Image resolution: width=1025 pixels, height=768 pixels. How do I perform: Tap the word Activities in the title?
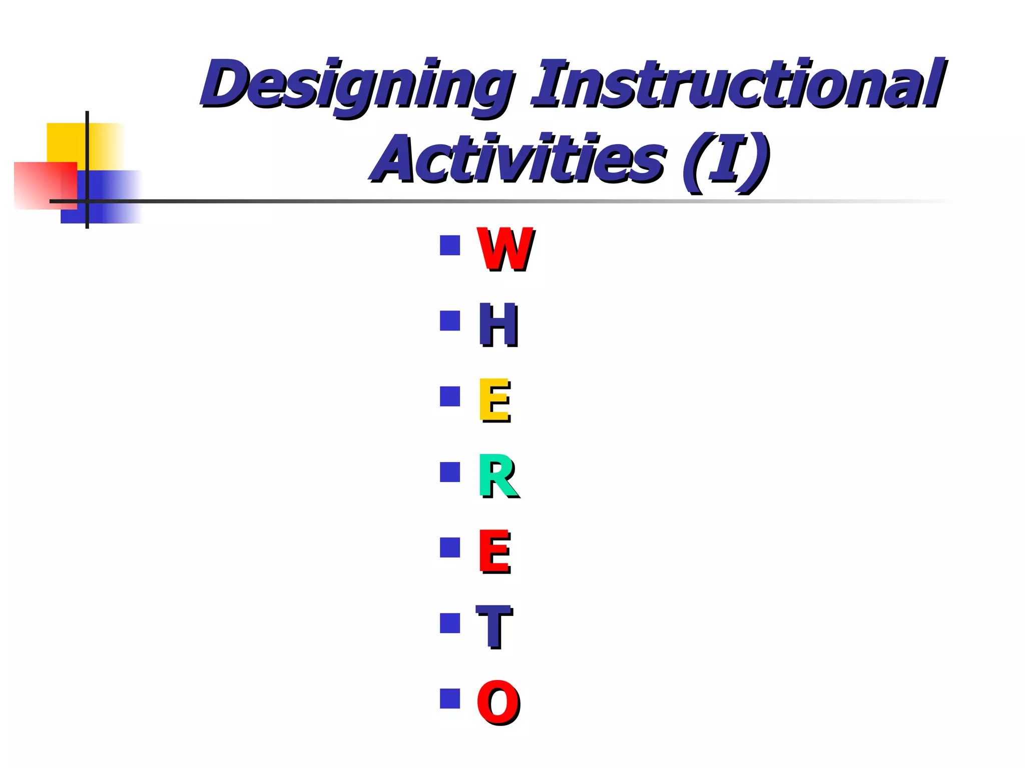point(518,158)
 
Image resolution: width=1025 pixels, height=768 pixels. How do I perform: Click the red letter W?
point(505,248)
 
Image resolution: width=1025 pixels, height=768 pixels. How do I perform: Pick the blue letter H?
point(498,325)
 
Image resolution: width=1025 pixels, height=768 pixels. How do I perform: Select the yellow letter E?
point(494,400)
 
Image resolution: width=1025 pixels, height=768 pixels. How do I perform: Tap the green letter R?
point(498,476)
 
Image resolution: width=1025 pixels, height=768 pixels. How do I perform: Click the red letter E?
point(494,551)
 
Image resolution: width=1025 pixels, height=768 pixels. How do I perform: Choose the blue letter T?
point(494,626)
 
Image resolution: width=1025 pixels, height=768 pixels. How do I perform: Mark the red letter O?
point(498,702)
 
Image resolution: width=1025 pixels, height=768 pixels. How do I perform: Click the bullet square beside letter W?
point(449,245)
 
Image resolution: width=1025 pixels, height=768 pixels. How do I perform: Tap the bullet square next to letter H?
point(449,321)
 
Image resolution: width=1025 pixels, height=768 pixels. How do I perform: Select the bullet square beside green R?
point(449,472)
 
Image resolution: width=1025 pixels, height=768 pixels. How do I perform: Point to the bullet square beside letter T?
point(449,623)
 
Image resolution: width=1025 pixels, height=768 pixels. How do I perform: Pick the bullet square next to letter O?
point(449,698)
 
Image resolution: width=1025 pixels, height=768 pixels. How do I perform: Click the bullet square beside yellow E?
point(449,396)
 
